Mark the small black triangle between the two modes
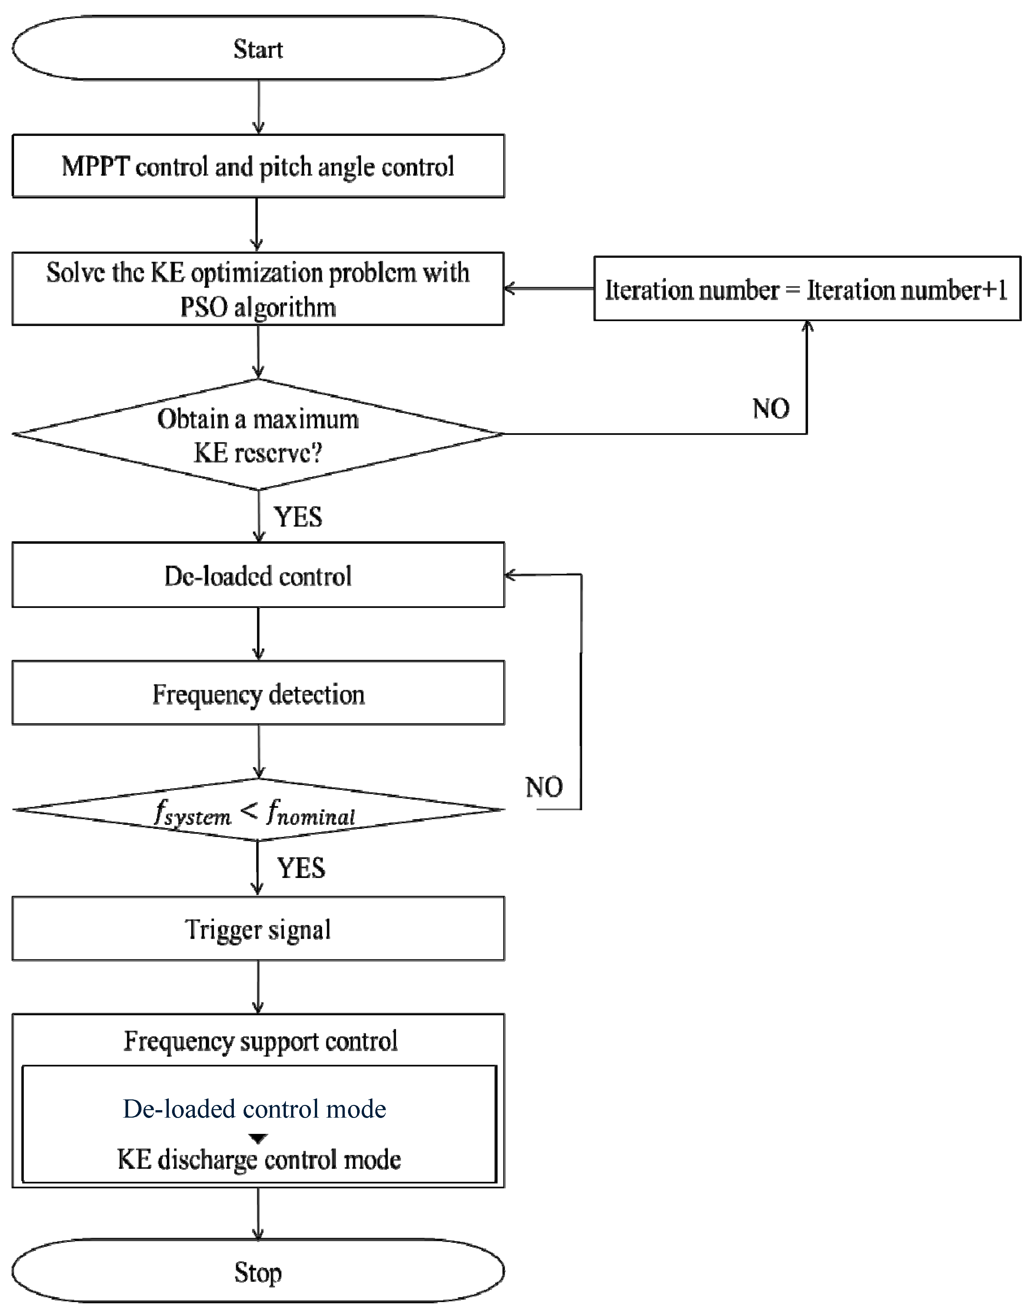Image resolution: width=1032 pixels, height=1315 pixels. pos(258,1139)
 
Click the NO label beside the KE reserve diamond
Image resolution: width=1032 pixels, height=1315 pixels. pos(771,409)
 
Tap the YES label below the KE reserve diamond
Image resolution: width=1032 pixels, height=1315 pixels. pos(298,517)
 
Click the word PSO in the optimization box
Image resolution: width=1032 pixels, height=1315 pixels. pos(203,308)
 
